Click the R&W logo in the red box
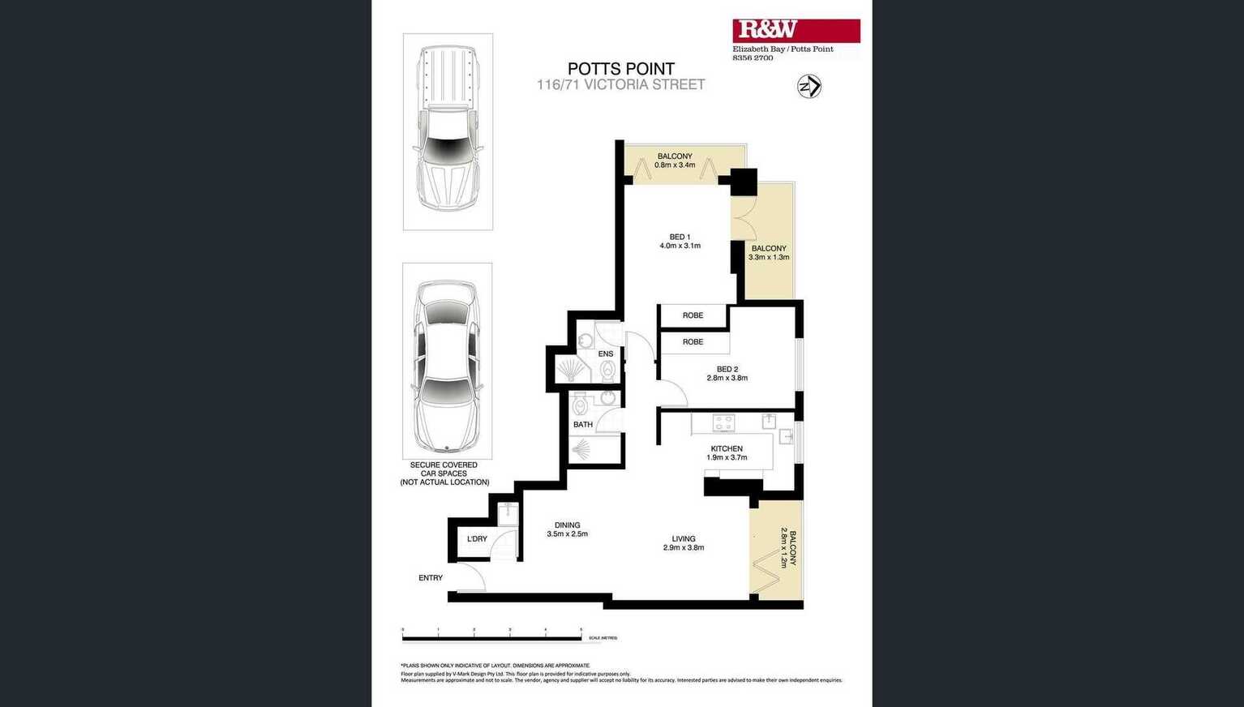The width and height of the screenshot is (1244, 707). click(x=767, y=30)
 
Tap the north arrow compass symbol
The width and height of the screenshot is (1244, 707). click(x=809, y=87)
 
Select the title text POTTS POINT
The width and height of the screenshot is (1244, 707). click(x=620, y=69)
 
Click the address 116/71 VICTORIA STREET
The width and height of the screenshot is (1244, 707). click(x=620, y=84)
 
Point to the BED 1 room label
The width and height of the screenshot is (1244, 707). click(x=680, y=241)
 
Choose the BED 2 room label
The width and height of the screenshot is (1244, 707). click(x=727, y=373)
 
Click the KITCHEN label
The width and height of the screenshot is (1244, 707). click(x=727, y=452)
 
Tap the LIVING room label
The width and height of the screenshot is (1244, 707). click(x=683, y=542)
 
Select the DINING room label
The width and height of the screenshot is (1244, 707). click(x=567, y=529)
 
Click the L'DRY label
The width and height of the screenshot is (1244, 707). click(x=477, y=539)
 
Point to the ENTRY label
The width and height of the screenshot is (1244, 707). click(x=431, y=578)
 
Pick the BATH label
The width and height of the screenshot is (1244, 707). click(x=583, y=425)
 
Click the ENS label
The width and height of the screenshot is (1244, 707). click(x=605, y=354)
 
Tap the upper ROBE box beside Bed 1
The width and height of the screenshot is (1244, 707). click(x=693, y=315)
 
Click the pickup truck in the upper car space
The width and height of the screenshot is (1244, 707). click(x=448, y=130)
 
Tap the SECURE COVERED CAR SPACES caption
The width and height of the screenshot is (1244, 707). click(x=444, y=473)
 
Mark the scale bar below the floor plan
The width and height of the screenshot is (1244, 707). click(x=491, y=638)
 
